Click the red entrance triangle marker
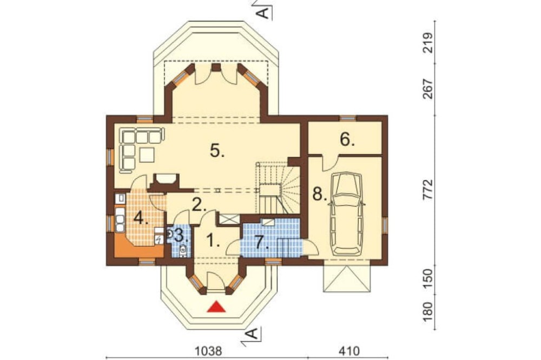coord(216,306)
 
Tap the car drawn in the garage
coord(346,214)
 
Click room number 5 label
coord(217,150)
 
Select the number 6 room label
coord(347,139)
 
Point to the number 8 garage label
coord(320,194)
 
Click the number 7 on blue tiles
coord(262,242)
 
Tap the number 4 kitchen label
coord(141,218)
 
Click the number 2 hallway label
coord(199,205)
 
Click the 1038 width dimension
coord(209,351)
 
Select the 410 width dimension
coord(349,351)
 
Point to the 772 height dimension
coord(428,189)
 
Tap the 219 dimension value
coord(428,42)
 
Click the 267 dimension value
coord(428,89)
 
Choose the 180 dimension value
coord(428,312)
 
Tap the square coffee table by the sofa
coord(147,155)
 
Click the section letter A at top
coord(263,13)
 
